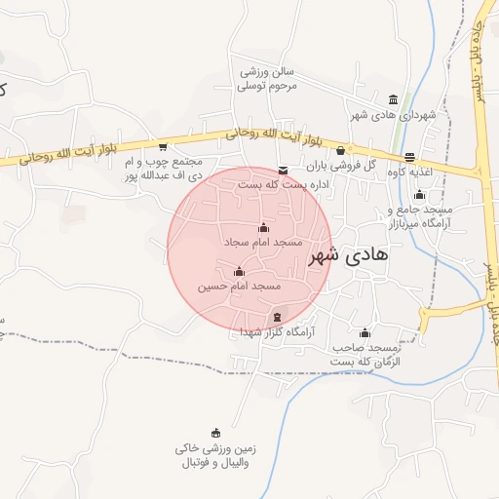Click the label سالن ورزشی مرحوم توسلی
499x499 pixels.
click(x=268, y=78)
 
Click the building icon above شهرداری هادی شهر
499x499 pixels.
click(x=393, y=99)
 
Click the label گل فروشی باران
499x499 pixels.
click(x=344, y=165)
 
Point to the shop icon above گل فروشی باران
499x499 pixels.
click(x=339, y=151)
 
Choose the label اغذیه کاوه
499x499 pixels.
click(x=410, y=172)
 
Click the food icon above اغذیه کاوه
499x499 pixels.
click(x=409, y=158)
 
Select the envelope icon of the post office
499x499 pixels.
click(x=283, y=170)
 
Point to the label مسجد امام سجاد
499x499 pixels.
click(x=263, y=241)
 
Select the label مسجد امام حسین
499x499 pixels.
click(x=240, y=287)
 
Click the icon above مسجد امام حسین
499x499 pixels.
click(x=239, y=271)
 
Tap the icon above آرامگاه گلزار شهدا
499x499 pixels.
click(x=278, y=317)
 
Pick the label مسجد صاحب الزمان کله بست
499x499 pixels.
click(x=365, y=354)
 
